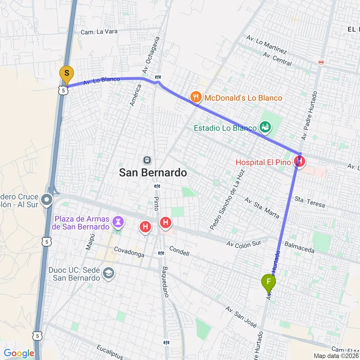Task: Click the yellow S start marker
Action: click(66, 75)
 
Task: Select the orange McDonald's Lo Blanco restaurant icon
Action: click(195, 98)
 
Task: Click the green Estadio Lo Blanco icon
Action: click(264, 127)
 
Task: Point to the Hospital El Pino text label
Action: click(263, 162)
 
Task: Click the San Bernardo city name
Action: click(153, 173)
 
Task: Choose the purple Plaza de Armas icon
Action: click(118, 221)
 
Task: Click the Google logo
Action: click(19, 354)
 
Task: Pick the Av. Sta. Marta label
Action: click(262, 207)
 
